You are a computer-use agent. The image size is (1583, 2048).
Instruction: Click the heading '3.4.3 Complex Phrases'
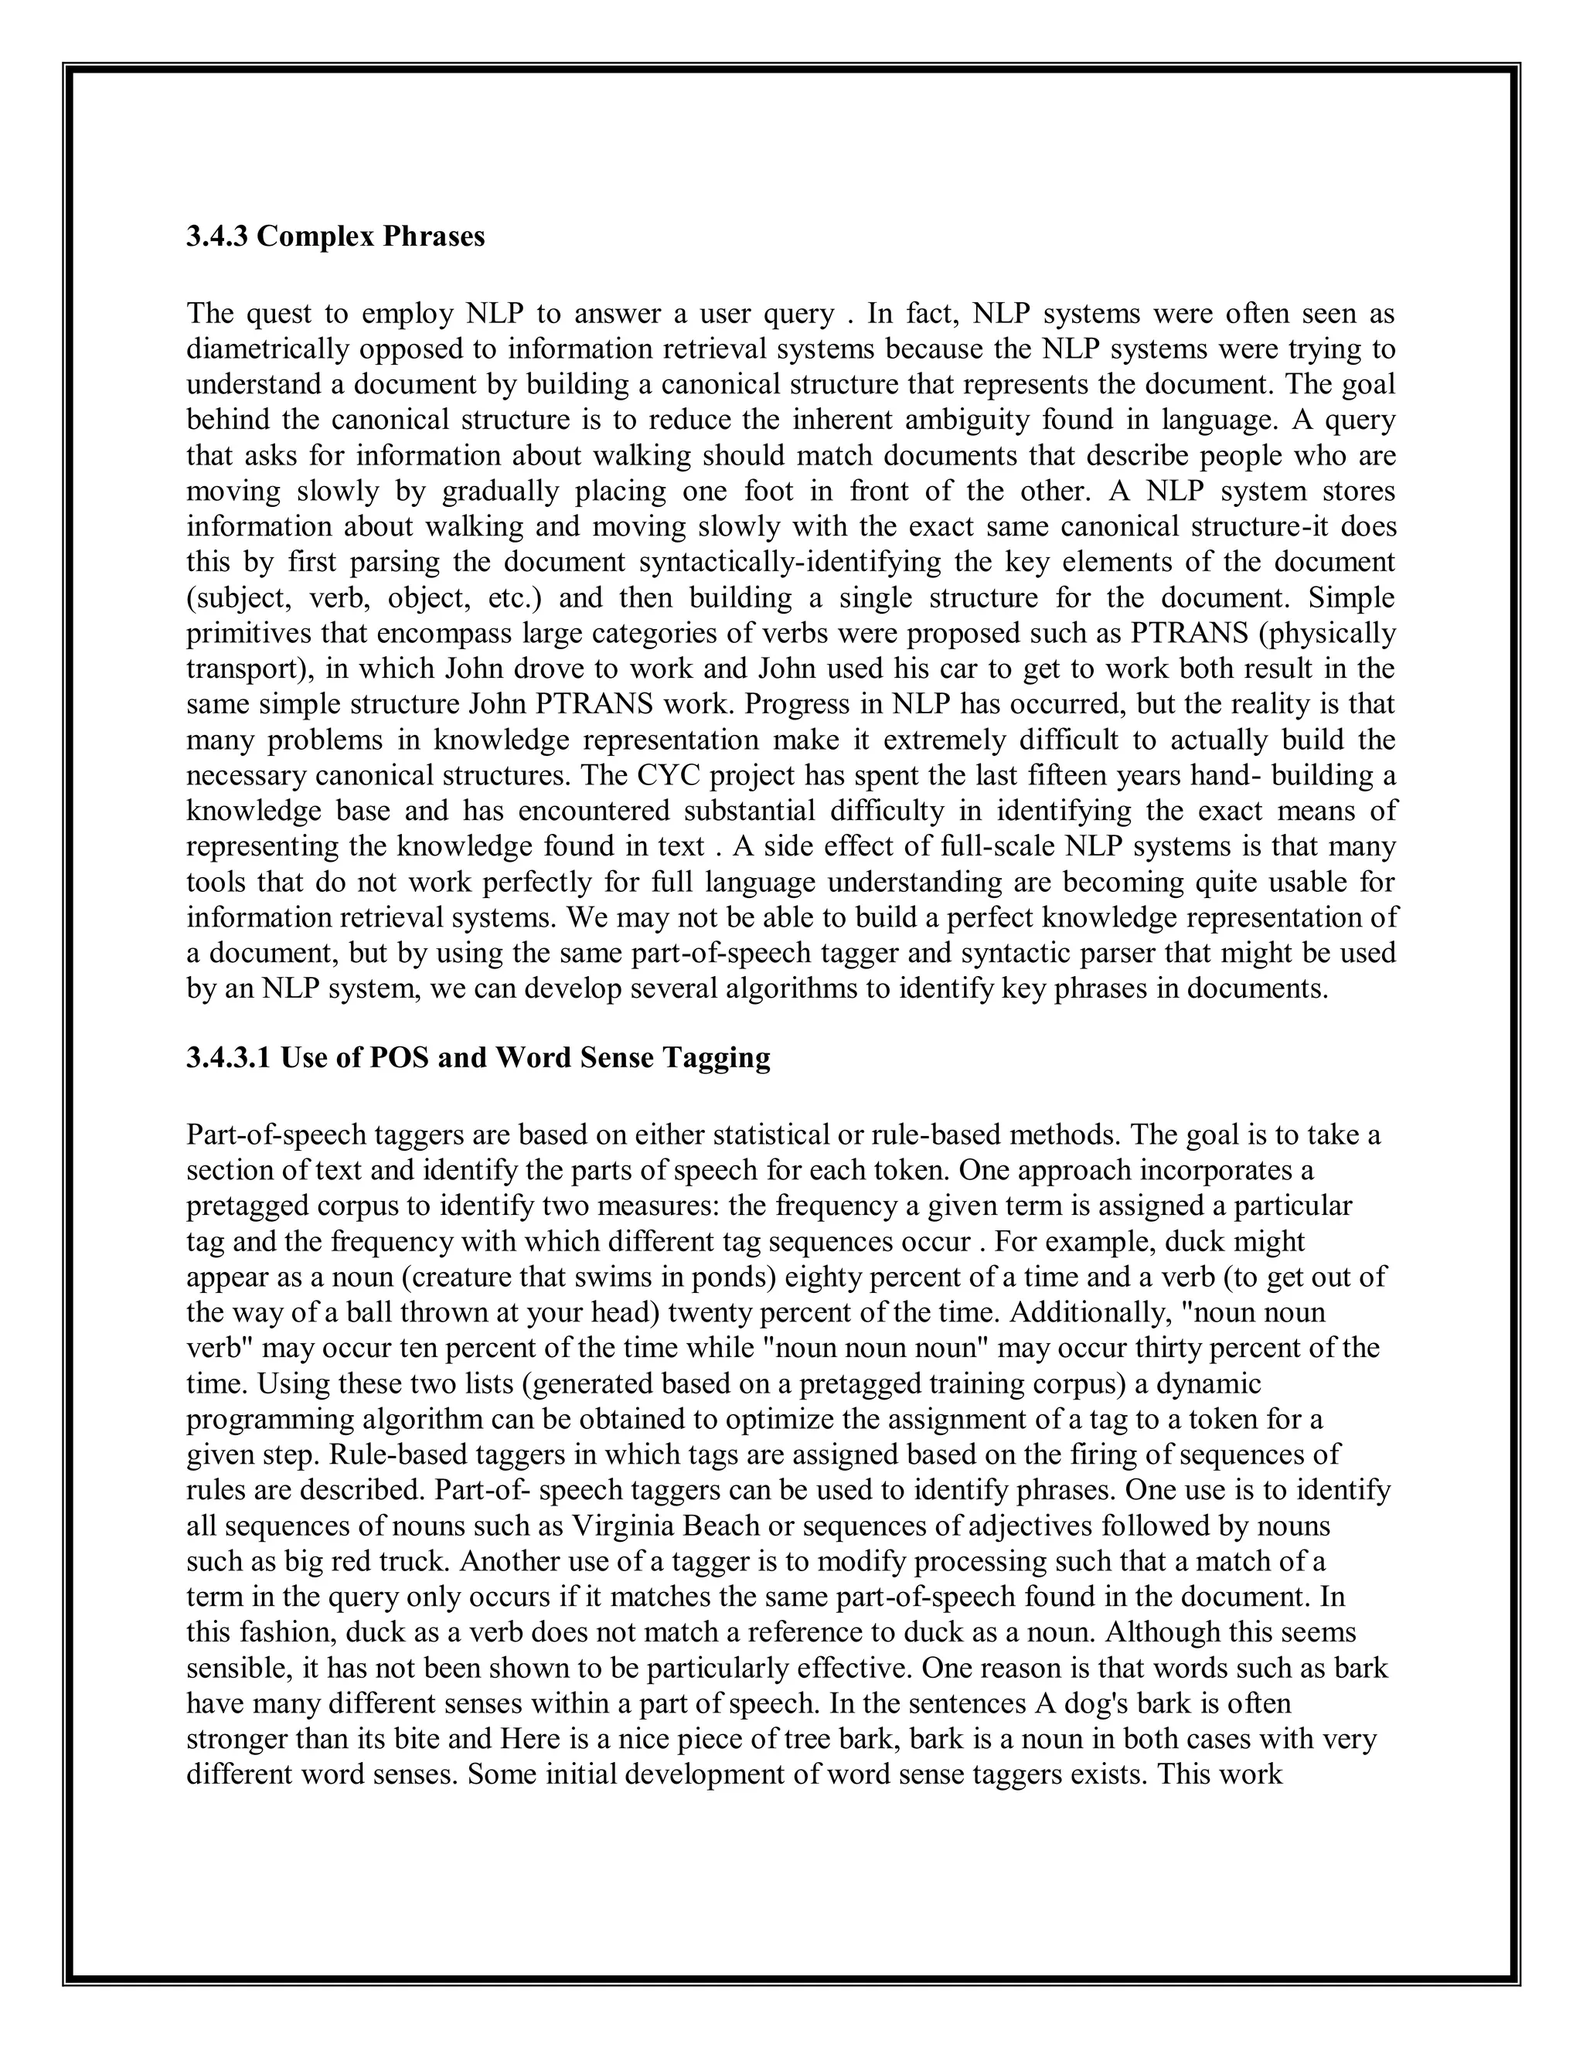335,236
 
